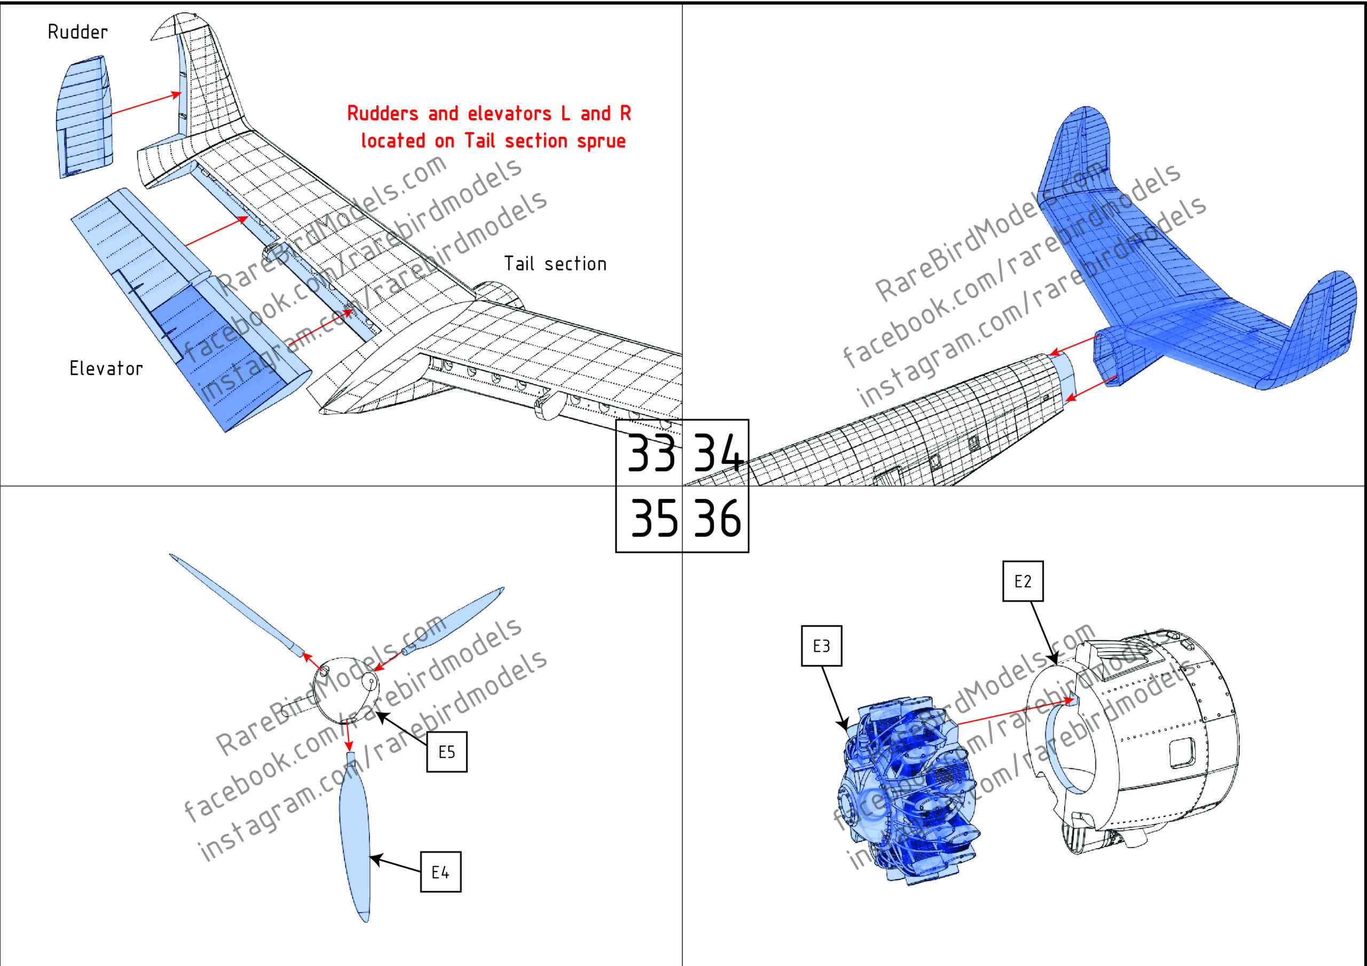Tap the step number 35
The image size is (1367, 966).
pyautogui.click(x=653, y=517)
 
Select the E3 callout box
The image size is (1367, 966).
pyautogui.click(x=821, y=646)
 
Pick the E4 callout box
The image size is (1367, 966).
pyautogui.click(x=440, y=872)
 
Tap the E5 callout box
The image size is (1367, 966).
pyautogui.click(x=446, y=752)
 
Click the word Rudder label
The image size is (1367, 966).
pyautogui.click(x=77, y=32)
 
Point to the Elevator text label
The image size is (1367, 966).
pyautogui.click(x=106, y=368)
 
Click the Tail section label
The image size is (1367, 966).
pyautogui.click(x=555, y=264)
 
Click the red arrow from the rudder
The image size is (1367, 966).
pyautogui.click(x=146, y=104)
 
